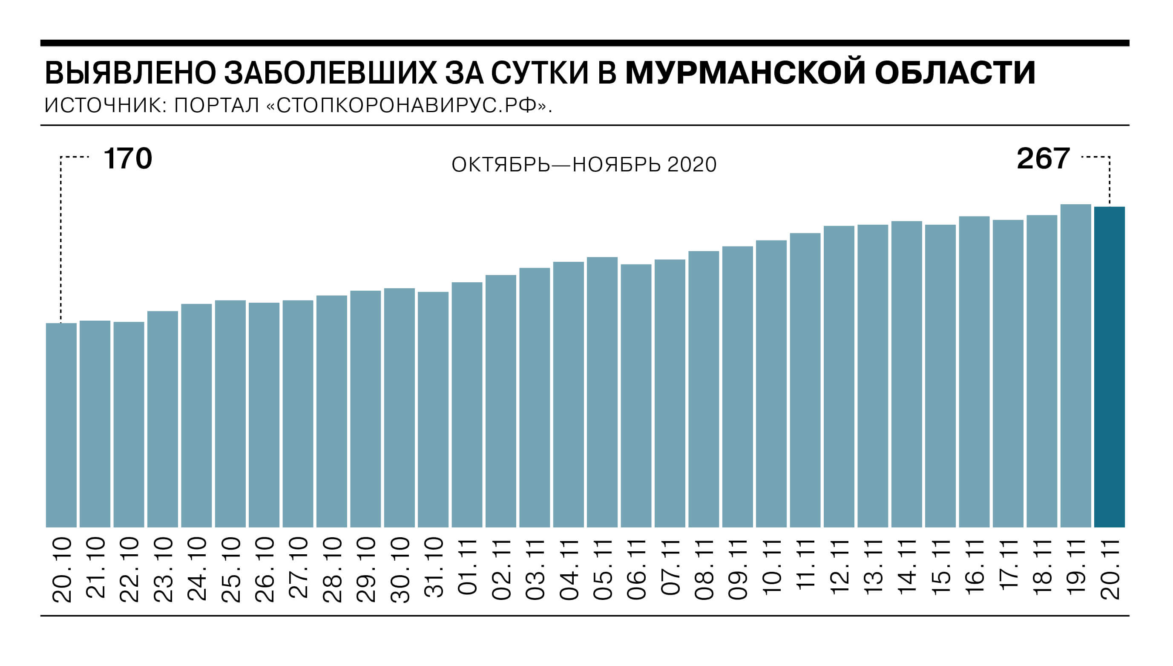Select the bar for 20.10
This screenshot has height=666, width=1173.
61,425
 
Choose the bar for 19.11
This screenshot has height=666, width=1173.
1075,365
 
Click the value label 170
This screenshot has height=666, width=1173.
127,159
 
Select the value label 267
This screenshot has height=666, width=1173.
1043,159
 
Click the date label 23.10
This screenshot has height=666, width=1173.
163,570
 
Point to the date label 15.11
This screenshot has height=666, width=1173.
940,567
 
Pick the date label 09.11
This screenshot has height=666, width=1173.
738,570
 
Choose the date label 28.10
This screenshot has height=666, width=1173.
332,570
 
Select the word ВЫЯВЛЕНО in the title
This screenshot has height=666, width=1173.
130,73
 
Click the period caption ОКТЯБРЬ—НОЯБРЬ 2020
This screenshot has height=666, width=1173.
584,165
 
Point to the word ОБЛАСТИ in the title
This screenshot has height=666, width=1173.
955,73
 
